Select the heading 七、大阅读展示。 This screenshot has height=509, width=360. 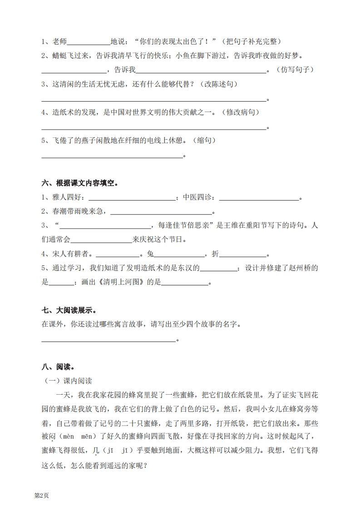(x=69, y=310)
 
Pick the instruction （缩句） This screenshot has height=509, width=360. (x=204, y=141)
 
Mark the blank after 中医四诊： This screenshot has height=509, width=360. (x=259, y=199)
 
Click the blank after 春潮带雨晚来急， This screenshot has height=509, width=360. (x=161, y=212)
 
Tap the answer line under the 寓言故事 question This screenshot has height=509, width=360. (x=109, y=339)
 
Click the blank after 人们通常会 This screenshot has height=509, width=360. (x=101, y=240)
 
